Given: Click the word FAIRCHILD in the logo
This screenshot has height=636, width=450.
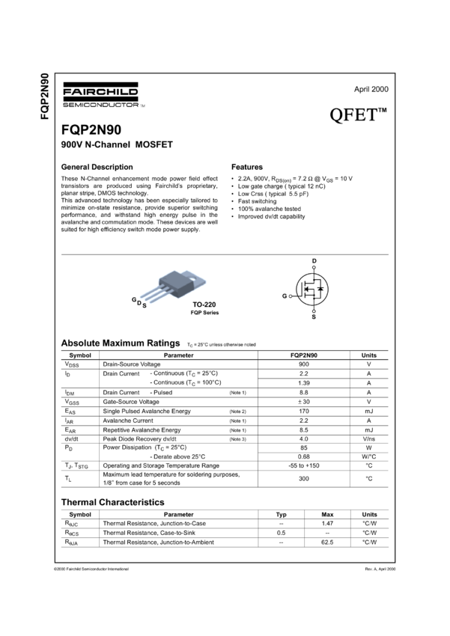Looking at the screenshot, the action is (100, 92).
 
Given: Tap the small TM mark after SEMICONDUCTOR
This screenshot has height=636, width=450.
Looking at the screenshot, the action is (143, 106).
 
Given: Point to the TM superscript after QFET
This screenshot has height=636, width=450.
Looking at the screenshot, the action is (382, 111).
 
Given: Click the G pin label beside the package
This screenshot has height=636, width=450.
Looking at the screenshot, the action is (134, 299).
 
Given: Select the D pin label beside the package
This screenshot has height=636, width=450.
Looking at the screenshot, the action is (139, 302).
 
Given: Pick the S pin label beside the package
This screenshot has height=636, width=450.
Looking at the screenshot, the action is (145, 306).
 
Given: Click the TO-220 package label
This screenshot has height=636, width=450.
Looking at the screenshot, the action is (204, 305).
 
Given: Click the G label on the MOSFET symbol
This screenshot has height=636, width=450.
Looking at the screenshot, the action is (285, 296).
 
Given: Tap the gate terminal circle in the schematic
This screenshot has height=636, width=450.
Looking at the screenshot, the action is (291, 296).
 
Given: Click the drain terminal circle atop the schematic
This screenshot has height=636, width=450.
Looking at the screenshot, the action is (314, 266).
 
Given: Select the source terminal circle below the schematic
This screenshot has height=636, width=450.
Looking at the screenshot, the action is (314, 311).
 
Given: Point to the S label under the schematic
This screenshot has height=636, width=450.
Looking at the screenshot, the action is (314, 316).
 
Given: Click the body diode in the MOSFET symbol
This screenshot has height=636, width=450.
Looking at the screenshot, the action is (320, 288).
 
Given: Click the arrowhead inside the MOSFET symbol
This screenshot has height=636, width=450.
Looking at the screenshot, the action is (307, 289).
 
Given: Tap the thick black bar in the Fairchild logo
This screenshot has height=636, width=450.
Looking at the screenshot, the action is (100, 98).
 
